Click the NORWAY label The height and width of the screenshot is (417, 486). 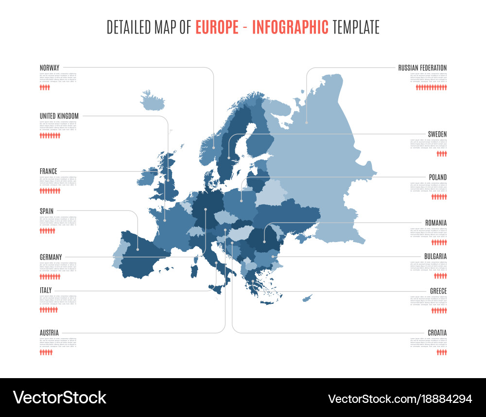50,68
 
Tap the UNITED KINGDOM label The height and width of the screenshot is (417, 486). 59,116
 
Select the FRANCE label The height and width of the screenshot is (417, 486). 49,171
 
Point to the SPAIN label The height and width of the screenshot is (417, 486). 47,211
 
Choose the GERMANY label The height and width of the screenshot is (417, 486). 51,257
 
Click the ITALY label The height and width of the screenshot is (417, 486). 46,291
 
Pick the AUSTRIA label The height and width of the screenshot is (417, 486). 49,333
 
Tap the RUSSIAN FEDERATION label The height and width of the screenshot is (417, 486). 422,68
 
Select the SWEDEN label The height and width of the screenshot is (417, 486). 437,134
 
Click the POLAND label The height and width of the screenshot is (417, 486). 438,177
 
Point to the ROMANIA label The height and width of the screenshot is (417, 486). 436,223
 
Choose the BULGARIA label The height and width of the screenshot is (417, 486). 435,256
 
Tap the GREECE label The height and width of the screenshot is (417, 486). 438,291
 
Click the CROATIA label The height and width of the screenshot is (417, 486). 437,333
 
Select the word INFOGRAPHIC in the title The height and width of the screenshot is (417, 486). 290,27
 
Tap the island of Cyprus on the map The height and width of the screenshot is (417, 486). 307,297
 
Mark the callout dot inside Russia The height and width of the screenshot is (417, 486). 307,122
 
